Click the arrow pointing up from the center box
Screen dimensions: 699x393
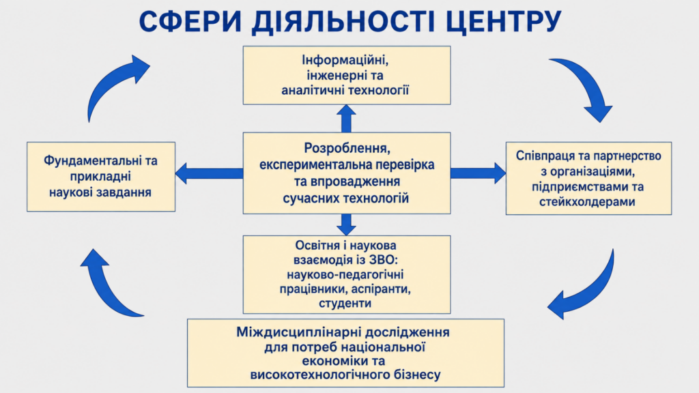346,119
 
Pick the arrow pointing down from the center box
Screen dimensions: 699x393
346,224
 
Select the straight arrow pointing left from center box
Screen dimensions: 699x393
209,173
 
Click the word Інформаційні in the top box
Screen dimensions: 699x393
345,60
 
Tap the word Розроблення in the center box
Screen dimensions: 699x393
347,148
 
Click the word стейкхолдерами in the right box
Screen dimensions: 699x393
587,202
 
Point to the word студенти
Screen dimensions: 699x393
345,304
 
